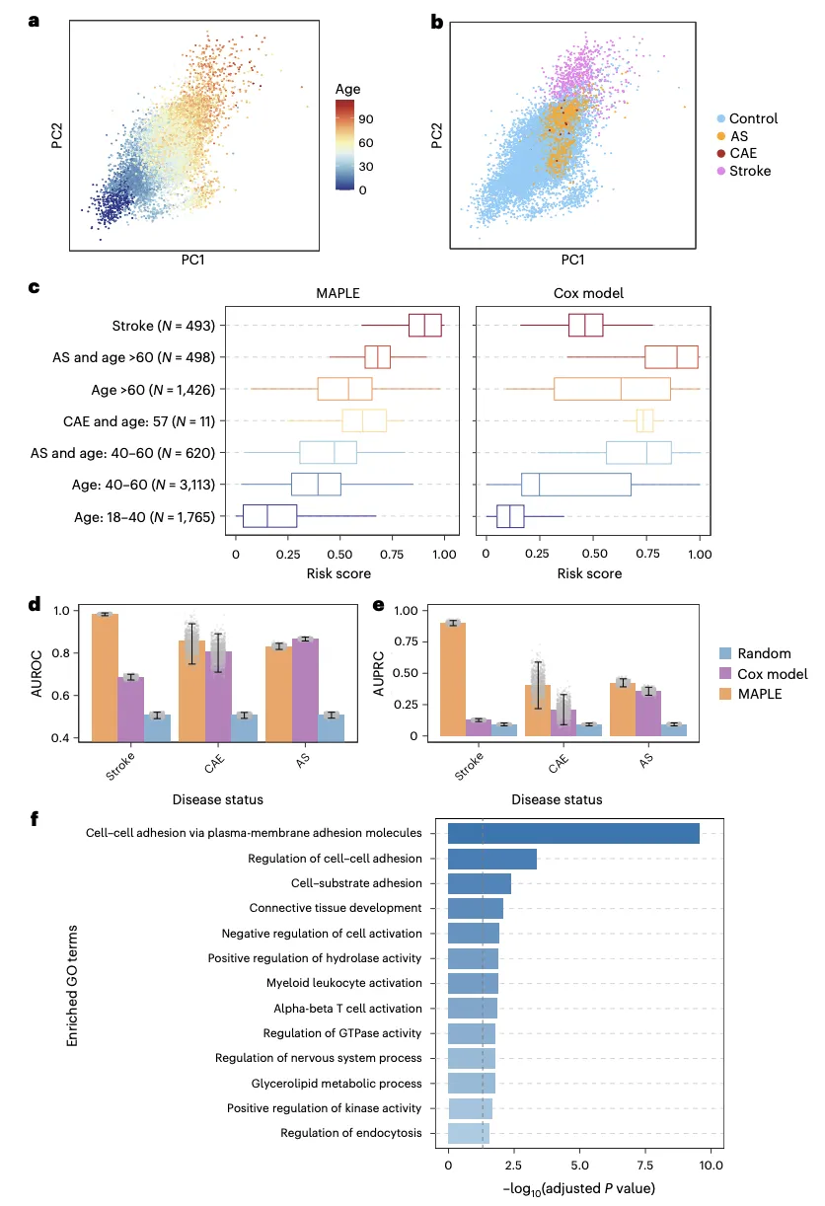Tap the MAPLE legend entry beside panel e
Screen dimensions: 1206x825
pos(759,694)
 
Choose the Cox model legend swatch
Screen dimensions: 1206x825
pos(725,674)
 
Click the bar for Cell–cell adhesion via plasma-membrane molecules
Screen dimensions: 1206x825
pos(573,833)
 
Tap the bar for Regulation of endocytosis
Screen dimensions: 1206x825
pos(469,1133)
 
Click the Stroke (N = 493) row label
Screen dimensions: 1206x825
pos(169,325)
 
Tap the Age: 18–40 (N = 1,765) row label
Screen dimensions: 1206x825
pos(148,515)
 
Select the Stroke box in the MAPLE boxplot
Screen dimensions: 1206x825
pos(424,325)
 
